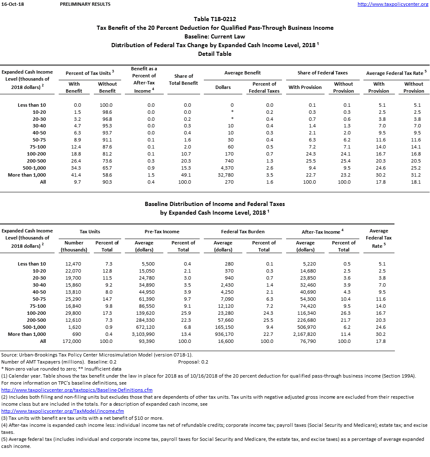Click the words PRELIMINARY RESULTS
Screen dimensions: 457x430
tap(85, 4)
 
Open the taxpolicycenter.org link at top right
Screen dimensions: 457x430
tap(393, 4)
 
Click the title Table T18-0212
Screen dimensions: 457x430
tap(215, 19)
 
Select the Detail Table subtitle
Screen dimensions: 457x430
tap(215, 54)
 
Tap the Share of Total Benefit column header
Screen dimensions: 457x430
tap(184, 79)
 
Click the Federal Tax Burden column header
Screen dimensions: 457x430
tap(243, 232)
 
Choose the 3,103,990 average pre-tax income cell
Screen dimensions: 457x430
tap(144, 334)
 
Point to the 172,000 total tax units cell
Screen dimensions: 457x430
tap(73, 341)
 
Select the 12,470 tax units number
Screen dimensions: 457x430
tap(73, 264)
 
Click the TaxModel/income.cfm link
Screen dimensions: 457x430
tap(63, 411)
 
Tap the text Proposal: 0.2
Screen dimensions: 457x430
tap(193, 362)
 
